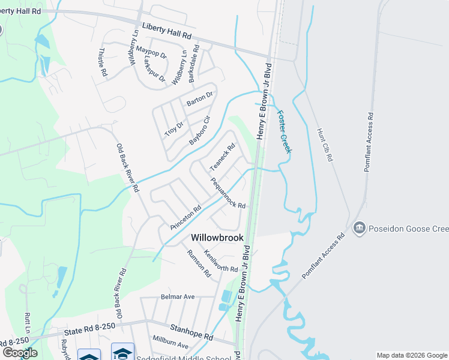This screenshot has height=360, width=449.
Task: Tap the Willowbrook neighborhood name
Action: pos(217,238)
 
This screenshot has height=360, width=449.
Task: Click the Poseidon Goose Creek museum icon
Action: pos(360,228)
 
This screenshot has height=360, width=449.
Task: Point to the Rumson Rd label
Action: pos(200,263)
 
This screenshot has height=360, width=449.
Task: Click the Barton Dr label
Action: pos(199,98)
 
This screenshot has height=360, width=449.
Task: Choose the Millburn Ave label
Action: pos(170,346)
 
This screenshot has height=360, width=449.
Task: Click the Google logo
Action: pos(19,353)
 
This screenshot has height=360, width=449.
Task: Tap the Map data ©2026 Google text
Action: pos(412,355)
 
